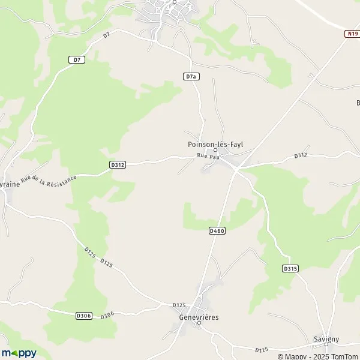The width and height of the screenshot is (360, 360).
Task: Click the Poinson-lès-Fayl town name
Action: click(x=215, y=144)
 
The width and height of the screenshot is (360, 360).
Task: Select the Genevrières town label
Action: click(x=199, y=316)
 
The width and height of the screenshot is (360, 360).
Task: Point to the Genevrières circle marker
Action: click(x=199, y=323)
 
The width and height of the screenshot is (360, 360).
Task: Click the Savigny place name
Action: click(x=326, y=339)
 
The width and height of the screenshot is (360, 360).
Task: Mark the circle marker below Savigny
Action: click(x=326, y=346)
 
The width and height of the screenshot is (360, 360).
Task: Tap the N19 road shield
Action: click(x=352, y=34)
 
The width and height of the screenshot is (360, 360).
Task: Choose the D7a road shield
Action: click(x=190, y=76)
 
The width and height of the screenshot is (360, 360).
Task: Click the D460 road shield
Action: click(x=217, y=231)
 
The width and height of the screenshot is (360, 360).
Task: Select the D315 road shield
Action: click(x=290, y=269)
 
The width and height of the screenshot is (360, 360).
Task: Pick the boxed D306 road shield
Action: click(x=84, y=316)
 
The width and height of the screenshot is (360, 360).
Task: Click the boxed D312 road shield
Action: click(x=118, y=164)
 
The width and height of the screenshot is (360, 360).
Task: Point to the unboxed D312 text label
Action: click(x=301, y=155)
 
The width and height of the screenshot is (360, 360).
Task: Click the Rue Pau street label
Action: click(x=205, y=157)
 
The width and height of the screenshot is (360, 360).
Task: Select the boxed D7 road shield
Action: click(x=76, y=59)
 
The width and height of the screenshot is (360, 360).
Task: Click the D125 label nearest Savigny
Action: click(x=261, y=350)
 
